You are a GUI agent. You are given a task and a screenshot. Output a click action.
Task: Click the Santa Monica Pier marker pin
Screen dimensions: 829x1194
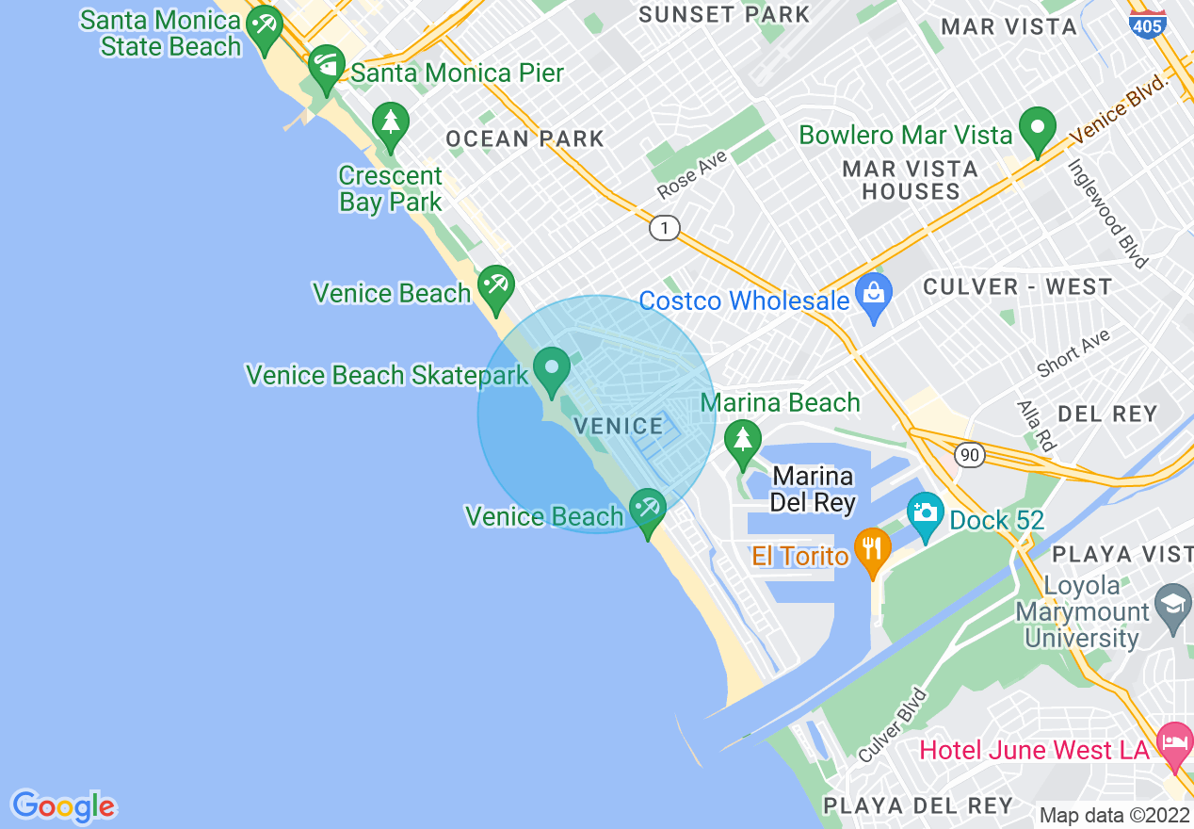[327, 66]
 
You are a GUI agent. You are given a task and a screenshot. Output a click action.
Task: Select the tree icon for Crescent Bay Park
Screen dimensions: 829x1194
[390, 124]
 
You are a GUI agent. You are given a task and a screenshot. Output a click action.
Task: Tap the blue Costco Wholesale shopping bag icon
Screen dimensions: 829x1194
[874, 295]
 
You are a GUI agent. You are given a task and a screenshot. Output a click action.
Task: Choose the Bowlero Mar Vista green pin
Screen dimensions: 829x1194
[1038, 129]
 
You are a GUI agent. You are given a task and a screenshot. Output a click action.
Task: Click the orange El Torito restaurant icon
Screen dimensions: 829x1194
[873, 549]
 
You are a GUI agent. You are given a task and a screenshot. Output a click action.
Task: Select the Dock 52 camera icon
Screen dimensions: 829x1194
[926, 513]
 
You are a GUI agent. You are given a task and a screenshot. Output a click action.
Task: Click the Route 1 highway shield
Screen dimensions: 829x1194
[665, 228]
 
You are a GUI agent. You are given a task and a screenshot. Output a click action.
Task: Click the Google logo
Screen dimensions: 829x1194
[64, 806]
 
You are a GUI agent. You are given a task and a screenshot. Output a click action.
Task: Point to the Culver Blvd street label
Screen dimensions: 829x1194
[894, 725]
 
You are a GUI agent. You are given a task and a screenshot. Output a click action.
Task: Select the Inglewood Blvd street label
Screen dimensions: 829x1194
[1107, 213]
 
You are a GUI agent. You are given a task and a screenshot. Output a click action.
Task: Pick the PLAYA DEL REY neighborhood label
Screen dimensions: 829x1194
[917, 805]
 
